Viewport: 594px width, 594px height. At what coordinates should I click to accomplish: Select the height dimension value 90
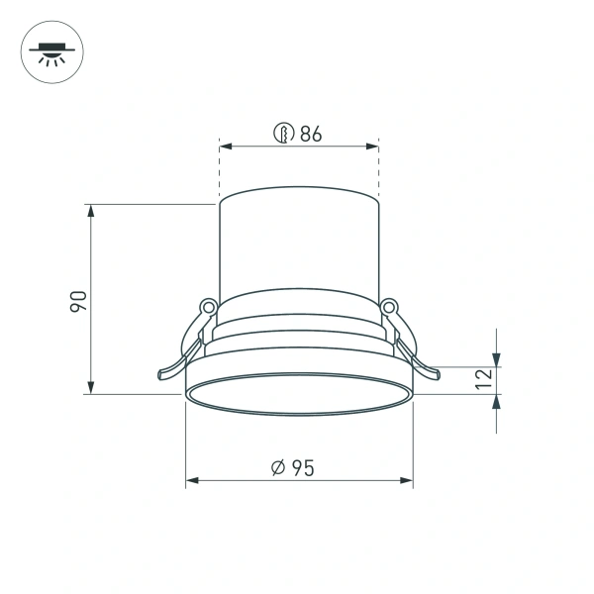[x=80, y=301]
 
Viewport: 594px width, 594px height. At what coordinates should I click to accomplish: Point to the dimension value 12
[x=483, y=379]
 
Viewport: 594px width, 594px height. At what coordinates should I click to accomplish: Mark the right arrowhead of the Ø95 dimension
[x=407, y=481]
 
